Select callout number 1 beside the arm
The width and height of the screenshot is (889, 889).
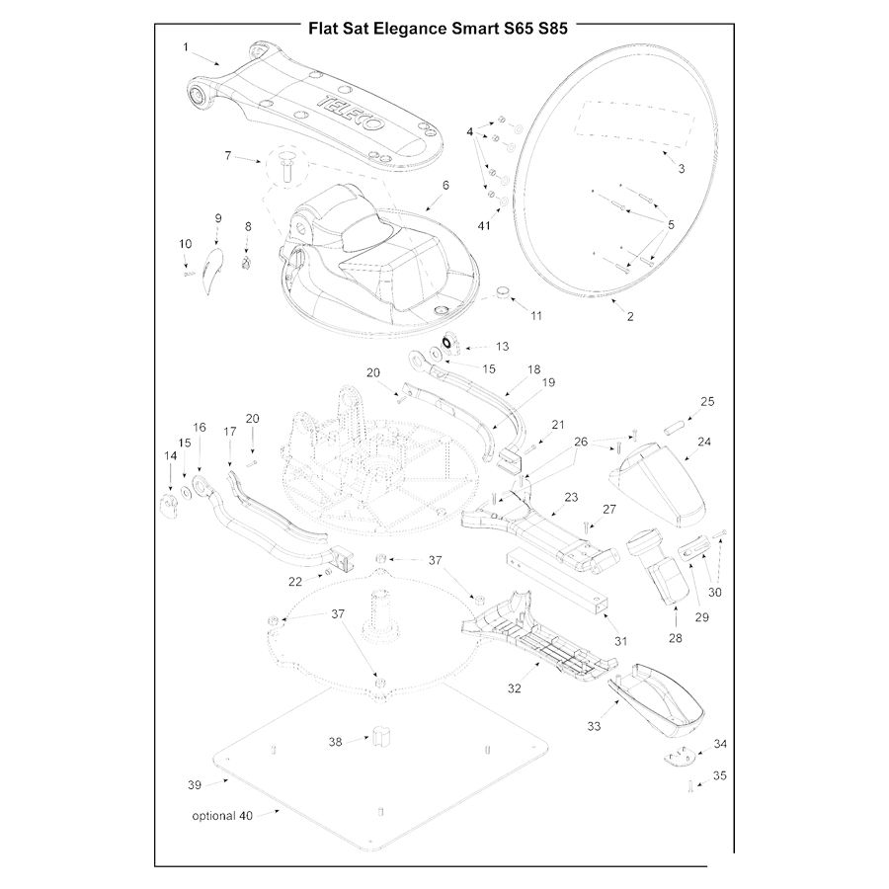coord(185,46)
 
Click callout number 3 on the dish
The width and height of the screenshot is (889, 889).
coord(681,168)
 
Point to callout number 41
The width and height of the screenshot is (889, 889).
coord(484,226)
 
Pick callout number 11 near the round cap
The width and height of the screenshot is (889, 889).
coord(536,316)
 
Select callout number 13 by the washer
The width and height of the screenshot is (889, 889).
coord(503,347)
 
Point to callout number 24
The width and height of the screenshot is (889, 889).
coord(705,443)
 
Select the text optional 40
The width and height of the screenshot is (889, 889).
coord(222,816)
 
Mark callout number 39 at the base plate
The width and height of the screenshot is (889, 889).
coord(194,785)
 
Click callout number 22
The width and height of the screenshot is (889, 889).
coord(294,580)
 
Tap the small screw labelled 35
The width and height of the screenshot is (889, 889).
coord(687,786)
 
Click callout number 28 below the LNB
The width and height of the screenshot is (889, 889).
coord(676,638)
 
